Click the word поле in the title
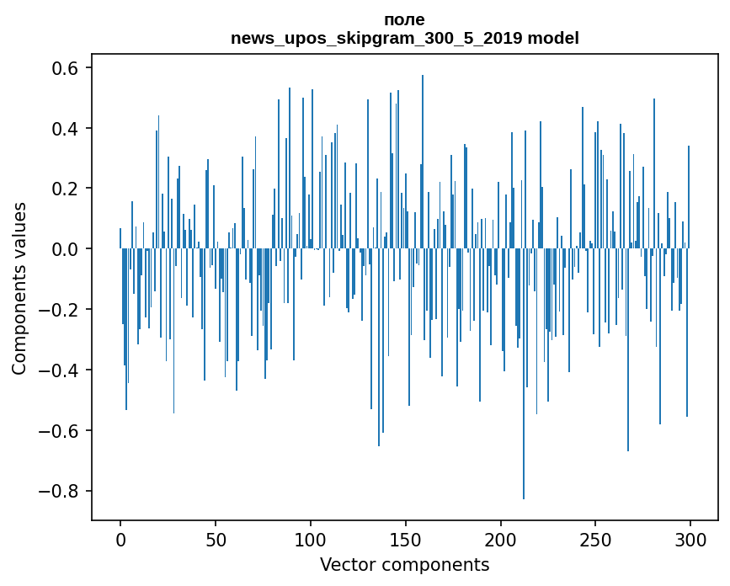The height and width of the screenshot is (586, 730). pos(404,20)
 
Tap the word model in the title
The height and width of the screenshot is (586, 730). pos(553,39)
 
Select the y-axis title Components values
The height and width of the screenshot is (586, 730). pos(19,288)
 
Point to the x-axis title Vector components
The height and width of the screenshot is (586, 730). pos(404,564)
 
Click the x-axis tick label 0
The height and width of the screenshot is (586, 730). pos(120,539)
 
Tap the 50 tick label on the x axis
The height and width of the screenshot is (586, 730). pos(216,539)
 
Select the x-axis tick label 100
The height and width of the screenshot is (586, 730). pos(311,539)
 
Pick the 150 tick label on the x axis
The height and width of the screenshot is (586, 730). pos(406,539)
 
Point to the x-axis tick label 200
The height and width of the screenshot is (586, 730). pos(501,539)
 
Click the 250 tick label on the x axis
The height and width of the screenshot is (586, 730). pos(596,539)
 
